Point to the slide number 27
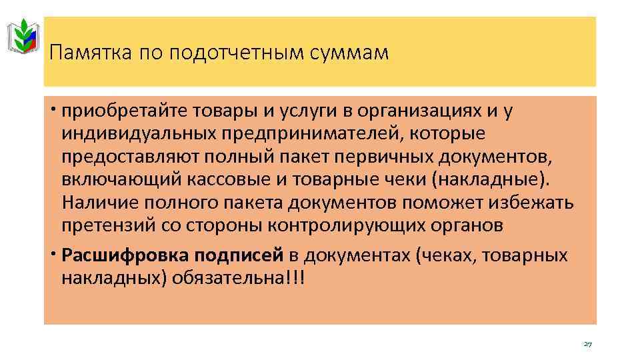tap(587, 344)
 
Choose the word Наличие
tap(96, 203)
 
